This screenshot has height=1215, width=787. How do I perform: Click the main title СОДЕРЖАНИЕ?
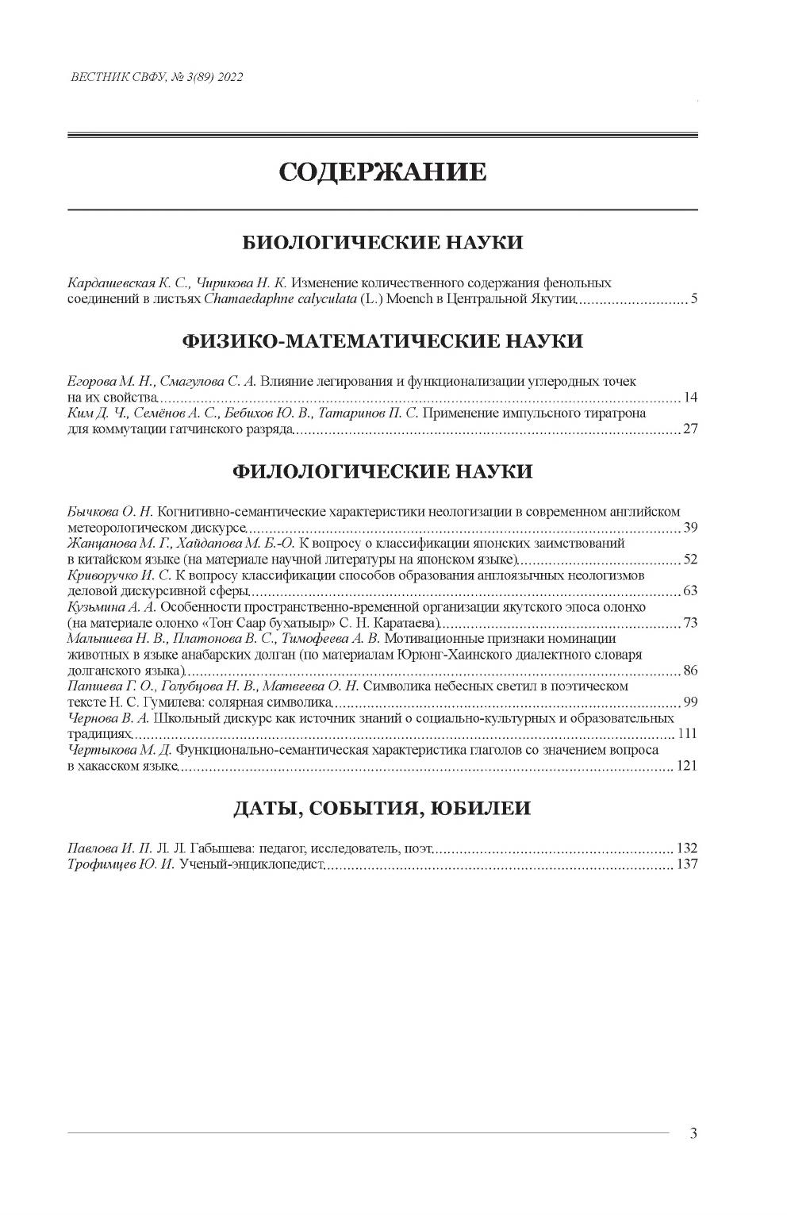click(382, 171)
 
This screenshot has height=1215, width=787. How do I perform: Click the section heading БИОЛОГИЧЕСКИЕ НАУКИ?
click(382, 242)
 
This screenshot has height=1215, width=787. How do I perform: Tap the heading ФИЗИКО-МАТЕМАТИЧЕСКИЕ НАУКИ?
click(382, 341)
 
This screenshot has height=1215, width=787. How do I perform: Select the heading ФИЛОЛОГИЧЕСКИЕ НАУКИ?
click(382, 471)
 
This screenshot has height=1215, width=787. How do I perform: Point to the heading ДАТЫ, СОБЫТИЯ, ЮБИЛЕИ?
click(382, 809)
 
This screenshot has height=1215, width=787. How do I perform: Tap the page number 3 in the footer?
click(693, 1133)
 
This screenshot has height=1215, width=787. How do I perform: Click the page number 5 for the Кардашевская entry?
click(693, 300)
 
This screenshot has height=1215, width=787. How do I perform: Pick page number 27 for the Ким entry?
click(689, 430)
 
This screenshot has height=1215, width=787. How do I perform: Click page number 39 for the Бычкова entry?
click(689, 528)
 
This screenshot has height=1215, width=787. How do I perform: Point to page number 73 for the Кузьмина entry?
click(689, 622)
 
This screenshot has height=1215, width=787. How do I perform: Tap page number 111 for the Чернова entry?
click(686, 733)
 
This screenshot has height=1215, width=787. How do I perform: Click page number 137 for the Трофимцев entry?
click(686, 864)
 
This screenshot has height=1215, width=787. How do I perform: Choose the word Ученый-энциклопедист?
click(252, 864)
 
